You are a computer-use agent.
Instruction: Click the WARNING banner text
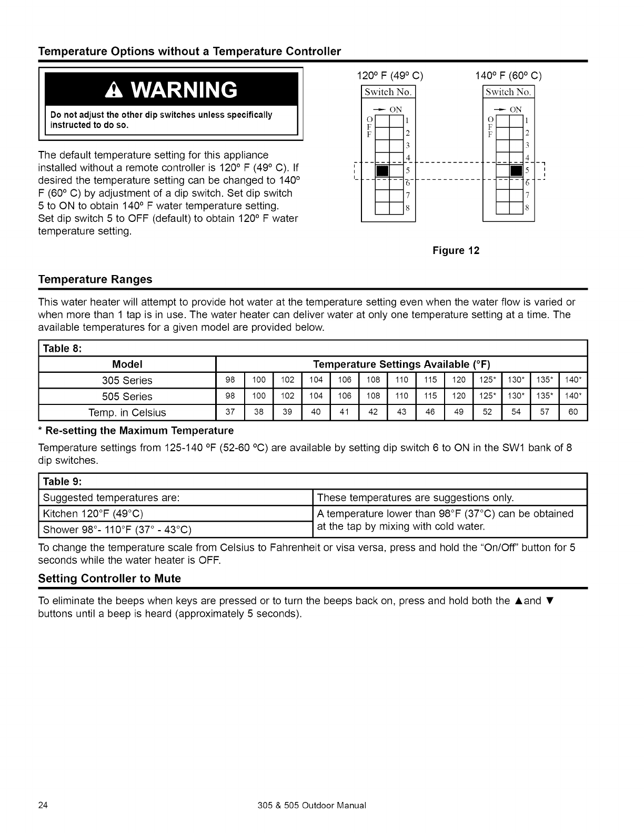tap(171, 90)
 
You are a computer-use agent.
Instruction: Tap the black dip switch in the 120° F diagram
tap(382, 171)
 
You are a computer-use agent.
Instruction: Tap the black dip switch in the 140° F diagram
tap(517, 171)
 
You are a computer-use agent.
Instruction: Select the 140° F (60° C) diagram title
tap(508, 75)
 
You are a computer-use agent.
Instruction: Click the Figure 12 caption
tap(456, 250)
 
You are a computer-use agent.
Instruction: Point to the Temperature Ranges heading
tap(95, 279)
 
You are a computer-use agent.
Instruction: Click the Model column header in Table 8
tap(127, 364)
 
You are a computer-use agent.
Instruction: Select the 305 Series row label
tap(127, 380)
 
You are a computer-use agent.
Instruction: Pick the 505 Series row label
tap(127, 397)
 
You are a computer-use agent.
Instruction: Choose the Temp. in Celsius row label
tap(127, 412)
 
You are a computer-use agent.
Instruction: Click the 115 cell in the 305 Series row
tap(430, 380)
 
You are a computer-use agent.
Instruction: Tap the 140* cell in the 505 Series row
tap(572, 397)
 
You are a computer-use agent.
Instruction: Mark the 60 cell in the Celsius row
tap(573, 412)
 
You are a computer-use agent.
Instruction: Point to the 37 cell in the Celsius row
tap(230, 412)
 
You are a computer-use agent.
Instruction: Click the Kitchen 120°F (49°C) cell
tap(93, 513)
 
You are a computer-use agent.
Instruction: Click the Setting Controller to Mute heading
tap(109, 578)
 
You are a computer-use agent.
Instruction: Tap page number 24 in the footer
tap(44, 805)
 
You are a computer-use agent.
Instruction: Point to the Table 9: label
tap(63, 481)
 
